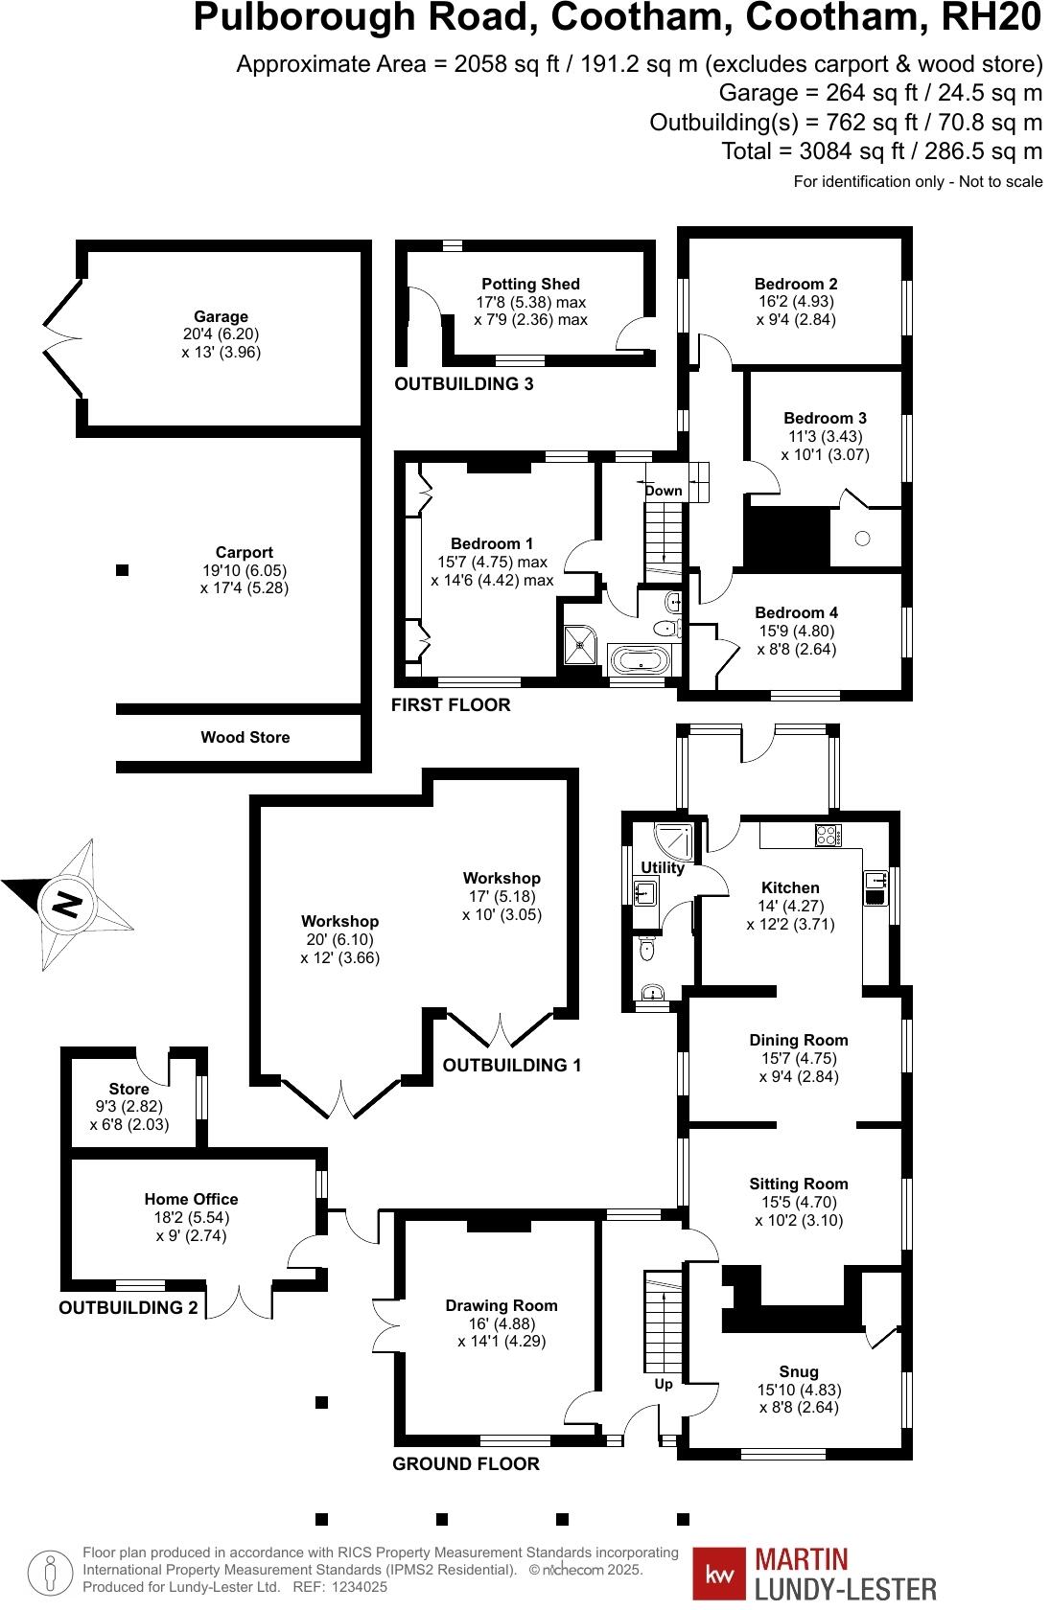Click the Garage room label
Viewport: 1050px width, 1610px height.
click(x=221, y=316)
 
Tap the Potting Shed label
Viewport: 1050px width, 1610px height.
click(x=530, y=284)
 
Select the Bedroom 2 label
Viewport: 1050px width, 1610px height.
click(x=796, y=284)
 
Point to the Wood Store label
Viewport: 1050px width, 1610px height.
click(x=245, y=737)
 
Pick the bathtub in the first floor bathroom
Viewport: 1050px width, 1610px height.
click(x=638, y=660)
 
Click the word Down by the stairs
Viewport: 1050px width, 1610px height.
click(x=664, y=491)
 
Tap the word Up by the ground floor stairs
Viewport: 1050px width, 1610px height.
click(x=664, y=1384)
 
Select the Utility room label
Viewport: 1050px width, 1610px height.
click(x=663, y=868)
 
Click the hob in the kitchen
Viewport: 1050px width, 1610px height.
click(x=828, y=835)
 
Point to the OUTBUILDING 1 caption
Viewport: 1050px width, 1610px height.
click(x=511, y=1065)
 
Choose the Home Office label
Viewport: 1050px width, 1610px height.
click(x=191, y=1199)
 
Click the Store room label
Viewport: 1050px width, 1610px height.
click(x=128, y=1089)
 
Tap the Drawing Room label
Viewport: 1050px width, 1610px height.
click(x=502, y=1305)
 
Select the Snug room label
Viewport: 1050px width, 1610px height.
click(x=799, y=1371)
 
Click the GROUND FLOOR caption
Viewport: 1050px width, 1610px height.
click(x=466, y=1463)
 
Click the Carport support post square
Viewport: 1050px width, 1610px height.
click(x=122, y=570)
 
